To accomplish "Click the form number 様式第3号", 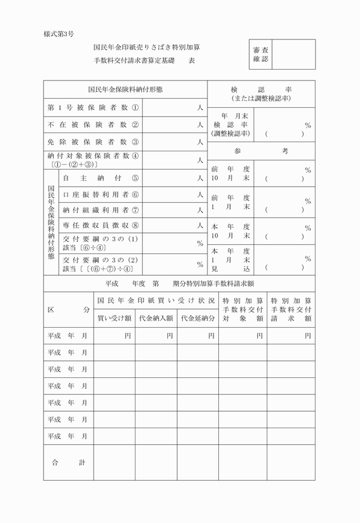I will [x=59, y=34].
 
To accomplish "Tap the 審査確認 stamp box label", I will [x=261, y=54].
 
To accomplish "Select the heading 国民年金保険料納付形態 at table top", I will [x=125, y=90].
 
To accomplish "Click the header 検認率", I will [x=261, y=90].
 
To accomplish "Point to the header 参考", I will [x=261, y=151].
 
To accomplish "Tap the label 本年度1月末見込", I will [x=230, y=259].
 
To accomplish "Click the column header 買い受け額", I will [x=114, y=318].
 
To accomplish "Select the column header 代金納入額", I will [x=156, y=318].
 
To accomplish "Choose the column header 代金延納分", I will [x=198, y=318].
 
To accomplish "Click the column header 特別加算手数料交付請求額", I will [x=291, y=309].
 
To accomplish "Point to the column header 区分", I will [x=69, y=309].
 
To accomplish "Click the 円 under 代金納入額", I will [x=170, y=336].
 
